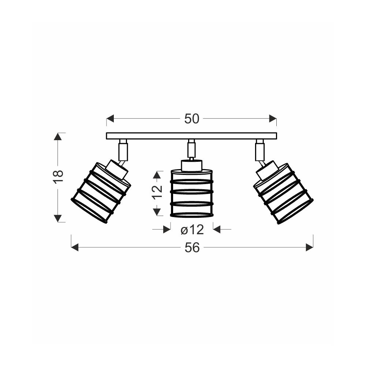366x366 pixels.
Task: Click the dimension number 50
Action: (x=192, y=119)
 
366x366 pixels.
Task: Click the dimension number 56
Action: (x=192, y=247)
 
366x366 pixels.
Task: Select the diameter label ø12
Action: (x=193, y=230)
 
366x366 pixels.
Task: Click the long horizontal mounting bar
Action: (x=191, y=136)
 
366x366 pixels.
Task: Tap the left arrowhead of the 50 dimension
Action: (x=110, y=119)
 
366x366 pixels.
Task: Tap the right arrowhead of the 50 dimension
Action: (x=273, y=119)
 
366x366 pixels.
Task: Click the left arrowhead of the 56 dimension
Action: (x=75, y=247)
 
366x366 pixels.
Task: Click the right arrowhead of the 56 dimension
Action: (x=310, y=247)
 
